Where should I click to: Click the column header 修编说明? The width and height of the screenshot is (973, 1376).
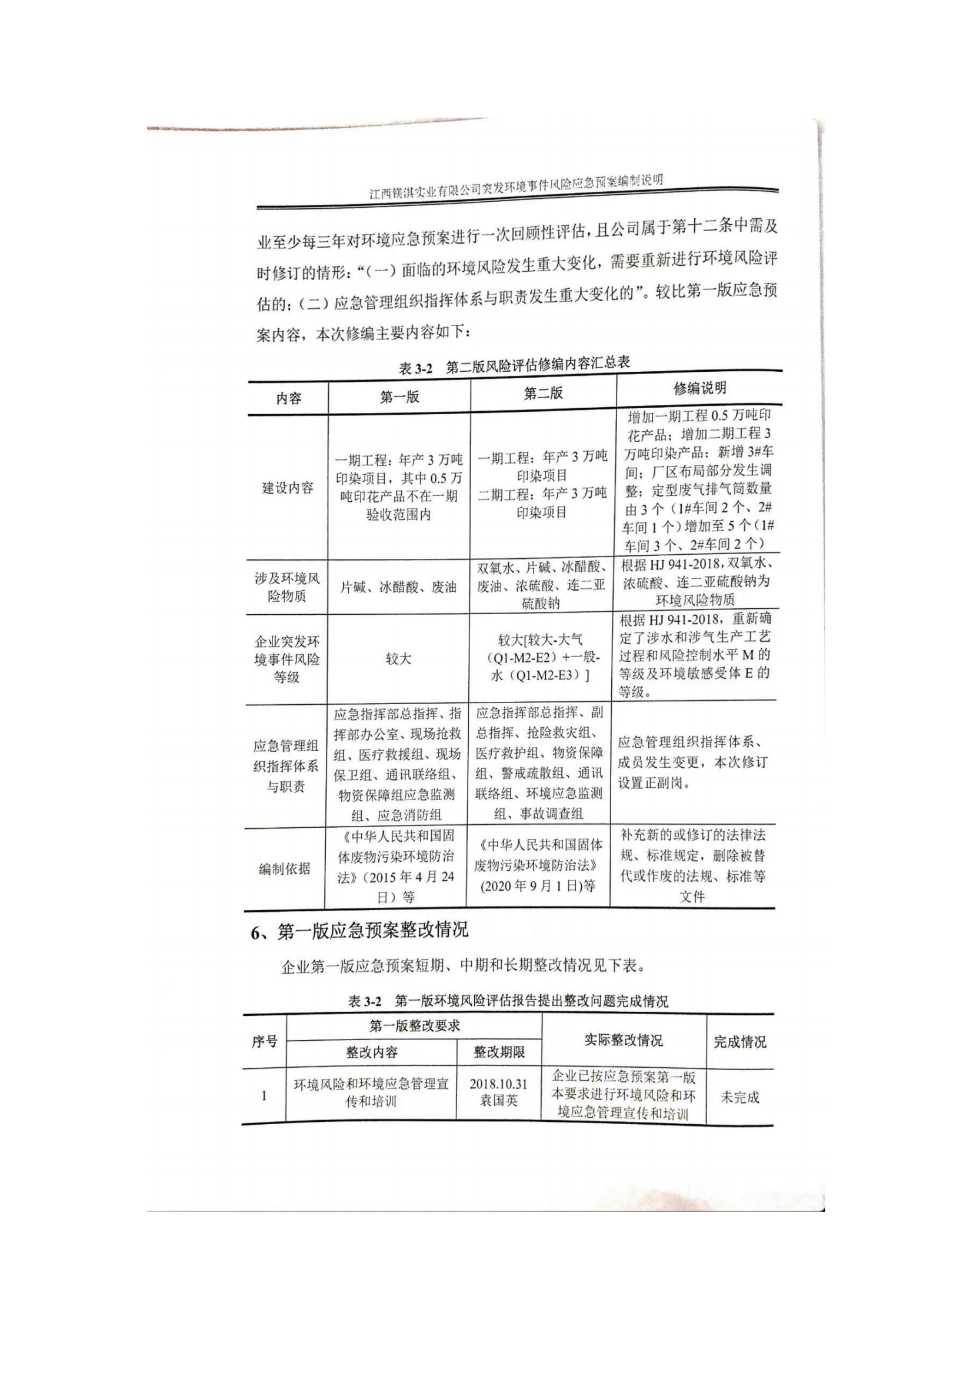[x=699, y=388]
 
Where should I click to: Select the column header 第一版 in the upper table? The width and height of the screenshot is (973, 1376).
[x=399, y=396]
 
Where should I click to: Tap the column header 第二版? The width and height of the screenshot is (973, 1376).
[x=543, y=393]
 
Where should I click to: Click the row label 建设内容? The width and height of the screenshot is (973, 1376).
[x=288, y=487]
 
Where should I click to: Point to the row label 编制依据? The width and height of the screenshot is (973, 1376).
[x=285, y=868]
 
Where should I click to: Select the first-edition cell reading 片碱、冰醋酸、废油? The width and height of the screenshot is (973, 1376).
[x=398, y=587]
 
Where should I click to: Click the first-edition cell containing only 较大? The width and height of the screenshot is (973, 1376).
[x=398, y=659]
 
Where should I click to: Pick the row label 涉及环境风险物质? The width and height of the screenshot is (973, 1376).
[x=287, y=587]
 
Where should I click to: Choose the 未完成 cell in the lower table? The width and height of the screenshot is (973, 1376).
[x=739, y=1097]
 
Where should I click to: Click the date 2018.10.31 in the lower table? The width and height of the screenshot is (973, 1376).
[x=498, y=1084]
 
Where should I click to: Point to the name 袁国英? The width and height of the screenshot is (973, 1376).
[x=498, y=1101]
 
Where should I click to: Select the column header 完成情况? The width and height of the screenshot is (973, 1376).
[x=739, y=1042]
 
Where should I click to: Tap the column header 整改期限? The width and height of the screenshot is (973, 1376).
[x=498, y=1052]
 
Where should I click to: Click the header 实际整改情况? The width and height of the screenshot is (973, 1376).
[x=623, y=1041]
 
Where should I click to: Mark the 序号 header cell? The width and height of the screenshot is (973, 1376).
[x=264, y=1042]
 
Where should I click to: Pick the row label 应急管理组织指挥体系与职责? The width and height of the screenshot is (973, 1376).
[x=286, y=766]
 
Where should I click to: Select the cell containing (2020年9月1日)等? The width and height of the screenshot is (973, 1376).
[x=538, y=886]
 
